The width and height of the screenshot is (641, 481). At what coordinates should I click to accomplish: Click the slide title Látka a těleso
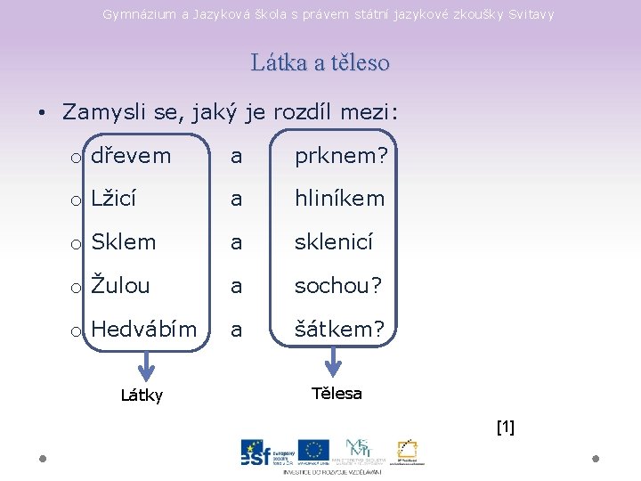click(x=320, y=62)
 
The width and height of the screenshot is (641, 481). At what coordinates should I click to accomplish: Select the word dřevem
click(x=131, y=156)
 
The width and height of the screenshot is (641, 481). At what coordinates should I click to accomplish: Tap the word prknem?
click(x=341, y=156)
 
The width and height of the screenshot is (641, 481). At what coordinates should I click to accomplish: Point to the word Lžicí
click(x=113, y=199)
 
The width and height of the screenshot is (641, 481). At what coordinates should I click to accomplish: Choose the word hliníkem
click(x=340, y=199)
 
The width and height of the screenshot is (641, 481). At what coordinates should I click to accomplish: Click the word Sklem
click(x=123, y=242)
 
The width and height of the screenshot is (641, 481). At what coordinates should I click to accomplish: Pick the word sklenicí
click(x=334, y=242)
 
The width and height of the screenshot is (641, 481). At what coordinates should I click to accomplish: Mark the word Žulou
click(x=120, y=285)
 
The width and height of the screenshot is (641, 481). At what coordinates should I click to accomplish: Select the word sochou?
click(x=338, y=285)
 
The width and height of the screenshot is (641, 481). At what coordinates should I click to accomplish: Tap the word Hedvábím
click(x=143, y=329)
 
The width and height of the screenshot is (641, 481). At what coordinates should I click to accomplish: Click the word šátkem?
click(x=339, y=329)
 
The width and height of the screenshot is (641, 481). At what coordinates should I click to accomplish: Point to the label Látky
click(x=142, y=395)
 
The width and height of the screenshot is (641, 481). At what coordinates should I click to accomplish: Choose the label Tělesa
click(x=337, y=393)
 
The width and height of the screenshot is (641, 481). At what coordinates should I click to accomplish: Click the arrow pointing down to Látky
click(x=146, y=364)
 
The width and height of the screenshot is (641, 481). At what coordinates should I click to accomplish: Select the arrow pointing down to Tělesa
click(x=333, y=361)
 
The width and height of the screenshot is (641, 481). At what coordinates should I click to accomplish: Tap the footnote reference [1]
click(x=505, y=428)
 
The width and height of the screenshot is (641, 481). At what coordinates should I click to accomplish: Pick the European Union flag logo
click(x=313, y=451)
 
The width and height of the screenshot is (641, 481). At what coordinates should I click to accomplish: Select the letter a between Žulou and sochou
click(x=236, y=285)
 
